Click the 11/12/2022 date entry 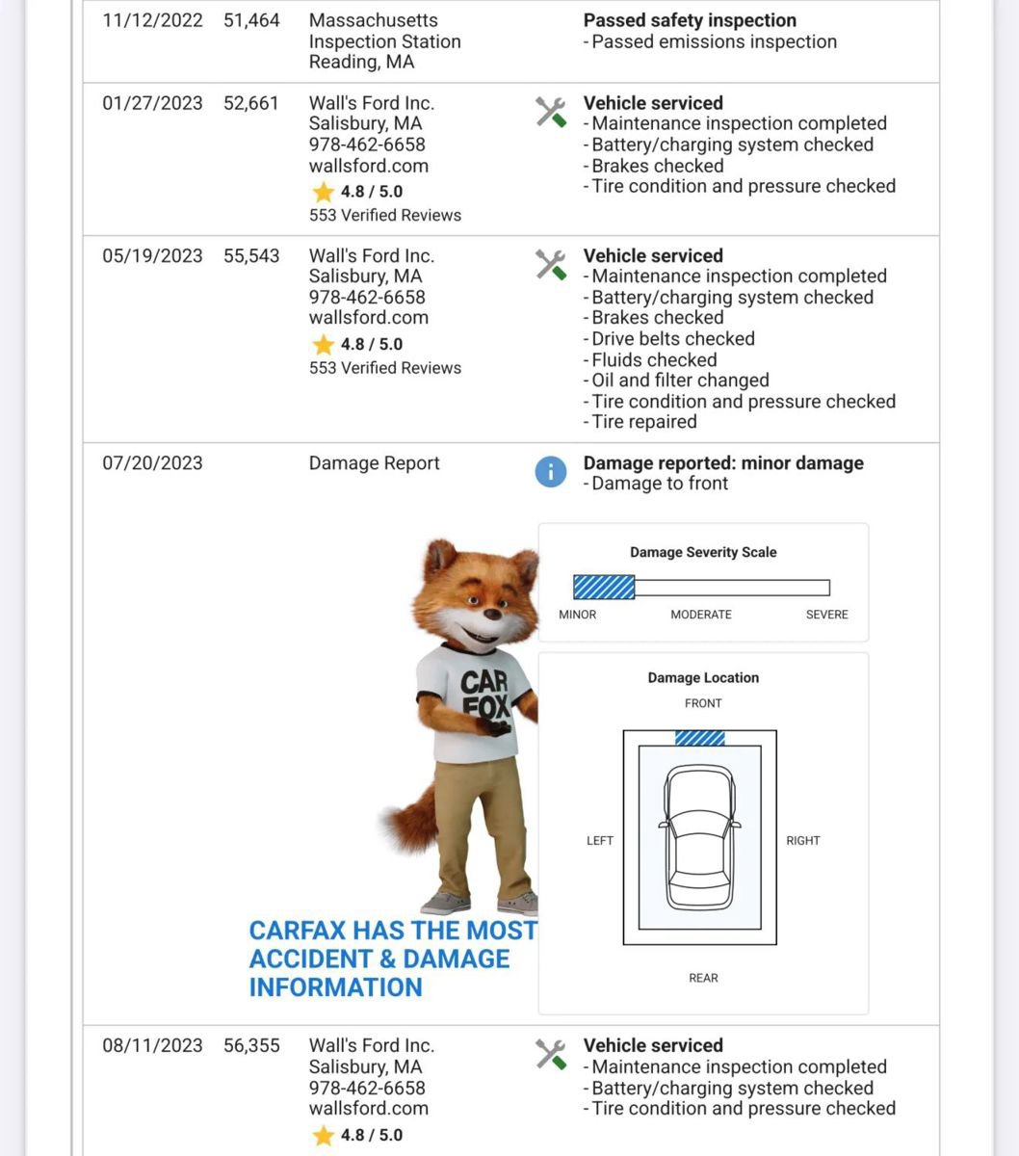(x=152, y=20)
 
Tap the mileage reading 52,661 (x=250, y=103)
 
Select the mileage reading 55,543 (x=250, y=255)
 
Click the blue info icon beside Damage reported (x=550, y=472)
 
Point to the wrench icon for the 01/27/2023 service (x=551, y=113)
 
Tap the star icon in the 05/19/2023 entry (x=323, y=345)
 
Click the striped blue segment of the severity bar (x=604, y=587)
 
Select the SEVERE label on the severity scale (x=826, y=615)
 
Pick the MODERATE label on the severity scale (x=700, y=615)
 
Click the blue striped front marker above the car (x=699, y=738)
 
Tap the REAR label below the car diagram (x=703, y=978)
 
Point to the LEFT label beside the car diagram (x=599, y=841)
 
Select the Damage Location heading (x=703, y=678)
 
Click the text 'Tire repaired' (x=643, y=422)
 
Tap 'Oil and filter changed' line (x=679, y=381)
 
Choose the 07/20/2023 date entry (x=152, y=463)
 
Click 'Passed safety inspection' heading (x=690, y=20)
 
